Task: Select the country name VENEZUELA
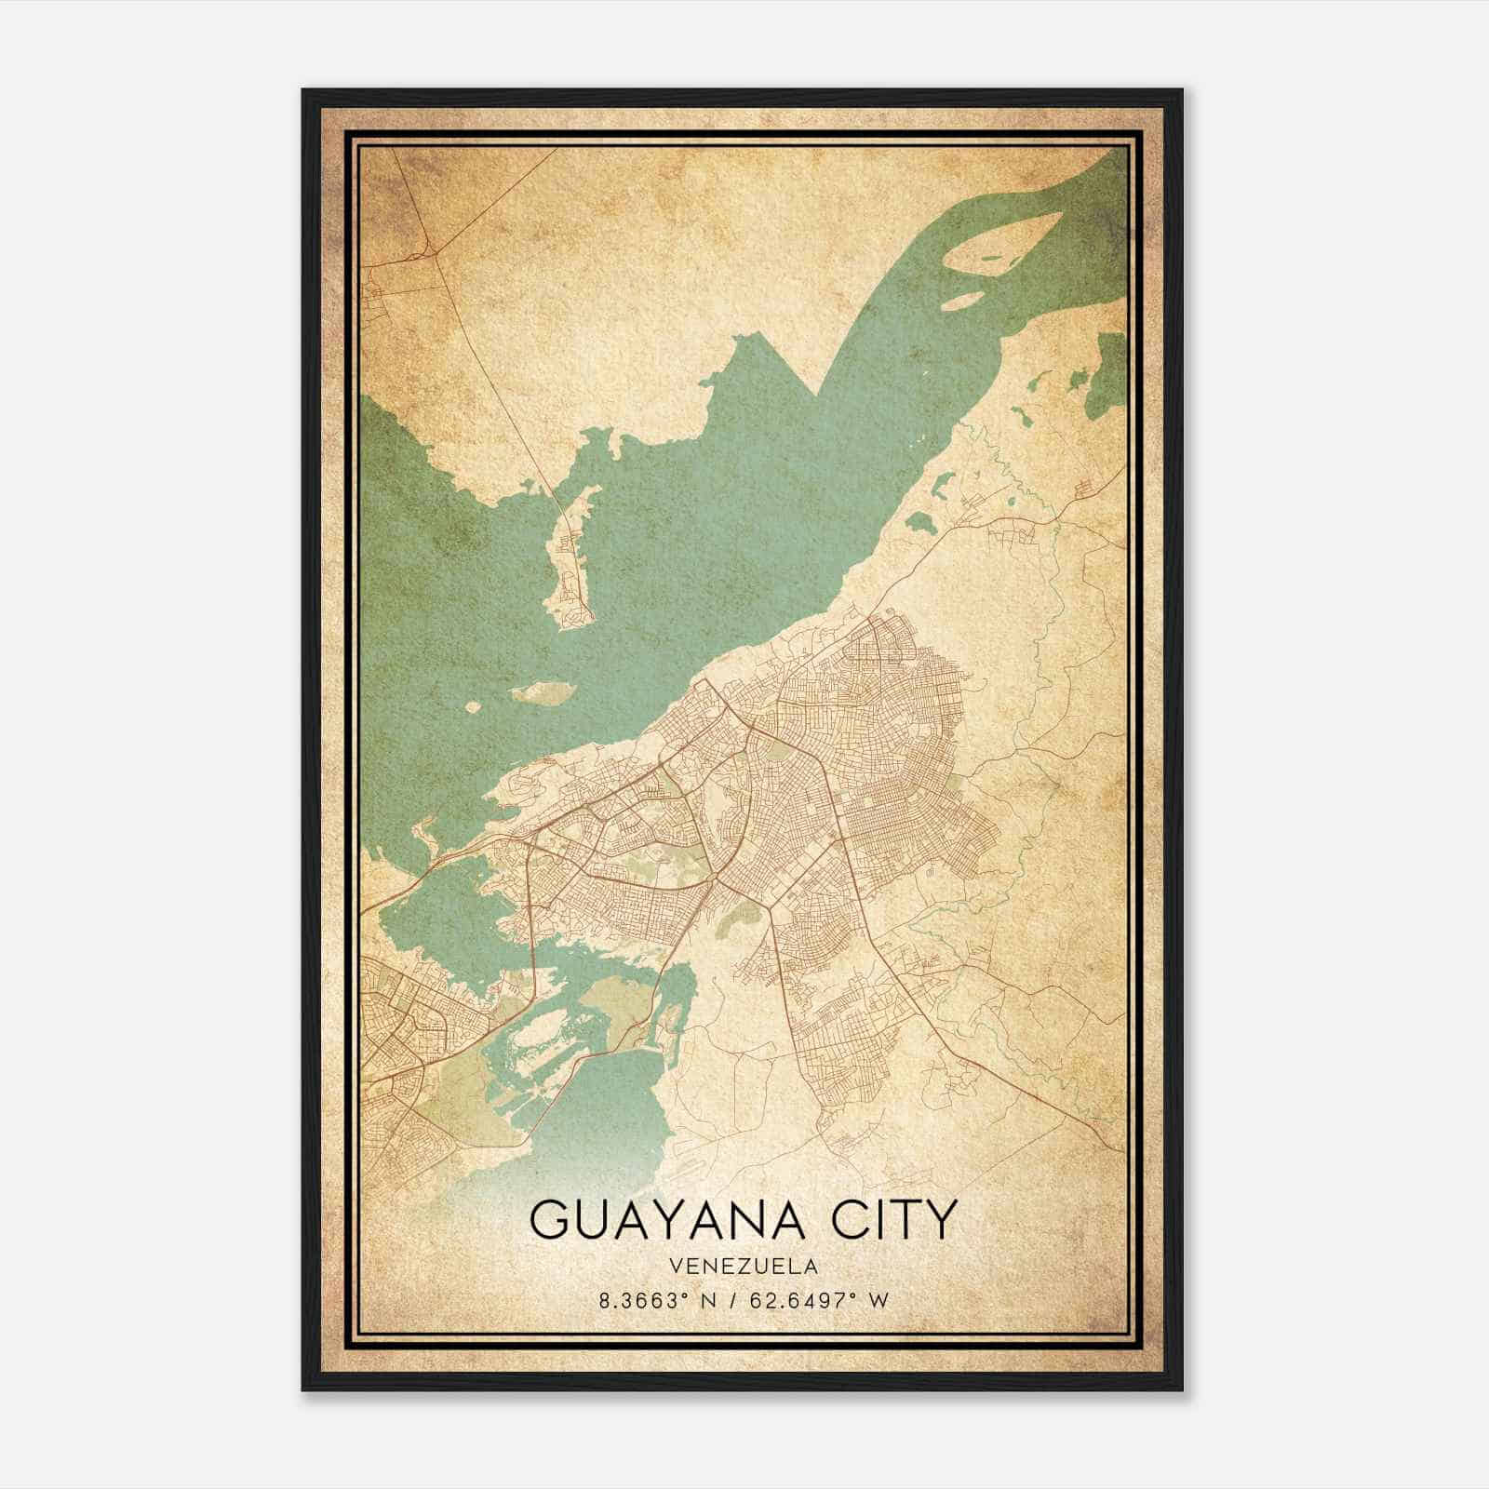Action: (743, 1267)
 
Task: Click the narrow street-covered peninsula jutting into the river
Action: (570, 558)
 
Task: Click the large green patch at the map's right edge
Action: (1107, 372)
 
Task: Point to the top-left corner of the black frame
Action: (304, 91)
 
